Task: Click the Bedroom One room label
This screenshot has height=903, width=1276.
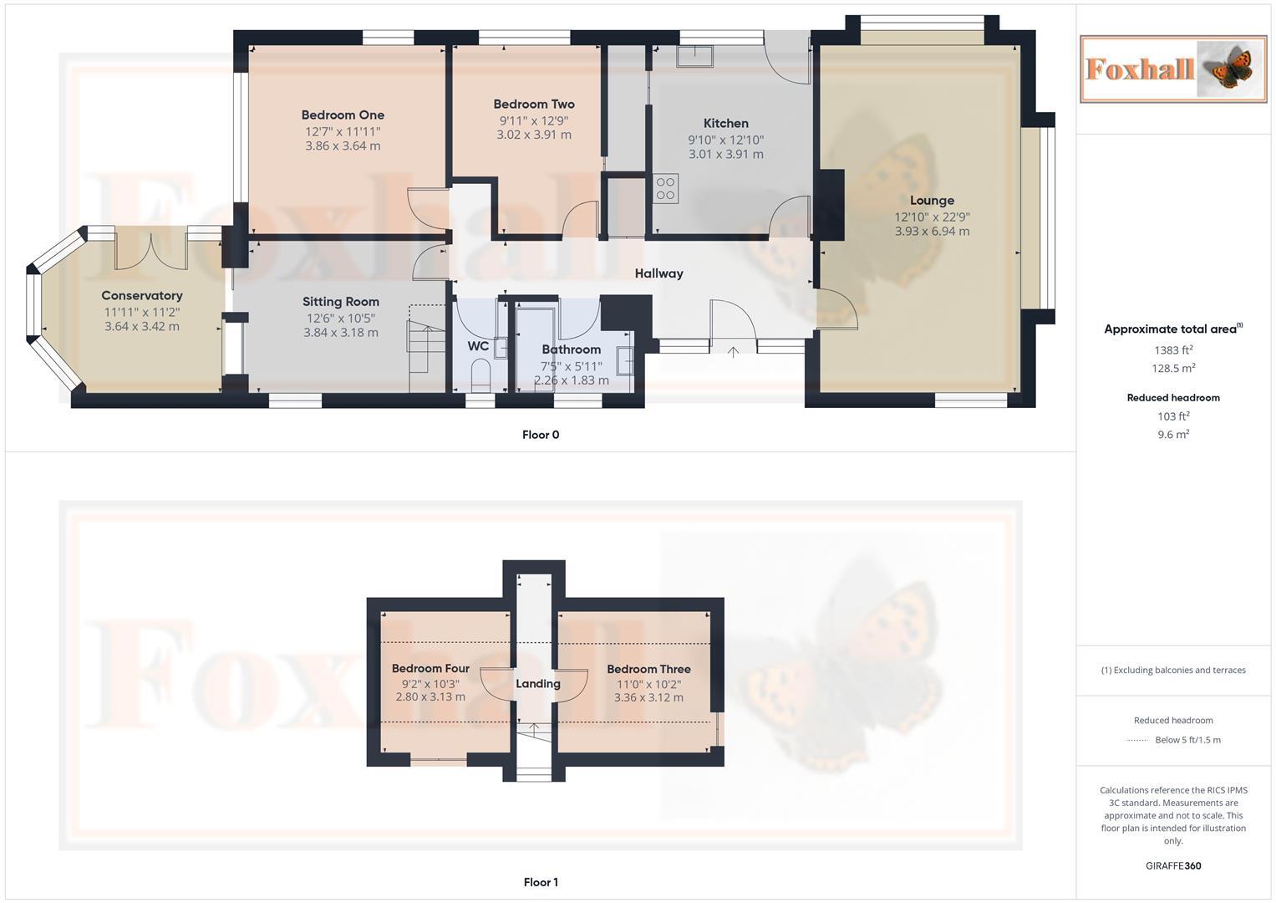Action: click(x=343, y=115)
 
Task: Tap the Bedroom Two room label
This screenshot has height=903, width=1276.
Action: click(x=534, y=105)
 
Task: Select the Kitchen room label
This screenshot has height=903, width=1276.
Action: click(x=725, y=124)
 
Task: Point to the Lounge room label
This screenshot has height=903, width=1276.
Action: click(x=932, y=201)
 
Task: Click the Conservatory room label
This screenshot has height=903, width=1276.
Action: click(x=142, y=296)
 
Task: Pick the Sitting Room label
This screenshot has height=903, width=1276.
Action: click(x=341, y=302)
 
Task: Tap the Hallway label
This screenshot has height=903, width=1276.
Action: click(x=658, y=273)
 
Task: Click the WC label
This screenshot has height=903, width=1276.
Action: click(x=478, y=346)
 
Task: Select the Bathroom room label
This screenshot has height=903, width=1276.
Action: click(x=571, y=349)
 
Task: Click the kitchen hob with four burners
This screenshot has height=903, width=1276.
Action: click(x=666, y=188)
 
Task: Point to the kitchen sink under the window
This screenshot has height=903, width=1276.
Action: click(x=695, y=56)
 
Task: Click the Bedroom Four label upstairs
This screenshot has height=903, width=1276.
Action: click(x=430, y=669)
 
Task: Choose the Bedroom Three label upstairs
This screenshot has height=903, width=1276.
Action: click(x=648, y=670)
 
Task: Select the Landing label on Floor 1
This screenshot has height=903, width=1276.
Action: click(x=537, y=684)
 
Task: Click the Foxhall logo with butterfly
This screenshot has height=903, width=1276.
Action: click(x=1173, y=69)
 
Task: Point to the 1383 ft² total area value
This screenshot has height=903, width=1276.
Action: click(x=1173, y=350)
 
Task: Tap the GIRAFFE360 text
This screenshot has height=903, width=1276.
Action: click(x=1173, y=866)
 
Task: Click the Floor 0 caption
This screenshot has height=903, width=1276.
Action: click(x=541, y=435)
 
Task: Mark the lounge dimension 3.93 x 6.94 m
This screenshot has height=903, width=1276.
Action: click(x=932, y=232)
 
